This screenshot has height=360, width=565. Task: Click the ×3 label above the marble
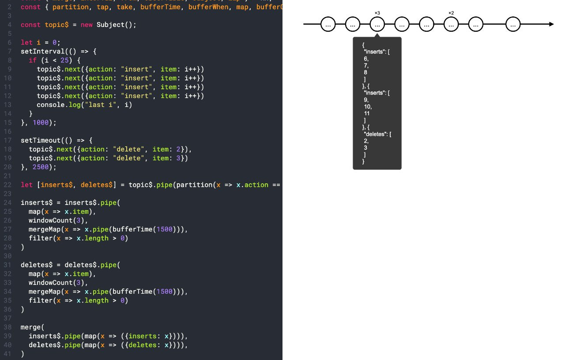point(377,13)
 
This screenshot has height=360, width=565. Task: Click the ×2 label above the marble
point(451,13)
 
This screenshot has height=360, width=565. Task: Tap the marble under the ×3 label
point(377,25)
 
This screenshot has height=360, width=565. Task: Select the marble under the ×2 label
point(451,25)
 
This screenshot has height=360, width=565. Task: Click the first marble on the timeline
point(328,25)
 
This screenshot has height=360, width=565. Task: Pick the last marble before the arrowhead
point(512,25)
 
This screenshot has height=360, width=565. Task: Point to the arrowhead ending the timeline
point(551,24)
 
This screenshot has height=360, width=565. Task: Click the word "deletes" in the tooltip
point(375,134)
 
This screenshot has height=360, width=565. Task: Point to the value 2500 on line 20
point(41,167)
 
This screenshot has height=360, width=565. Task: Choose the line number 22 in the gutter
point(8,185)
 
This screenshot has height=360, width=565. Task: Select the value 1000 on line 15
point(41,122)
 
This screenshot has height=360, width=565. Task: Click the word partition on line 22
point(195,185)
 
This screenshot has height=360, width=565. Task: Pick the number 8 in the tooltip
point(366,72)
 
